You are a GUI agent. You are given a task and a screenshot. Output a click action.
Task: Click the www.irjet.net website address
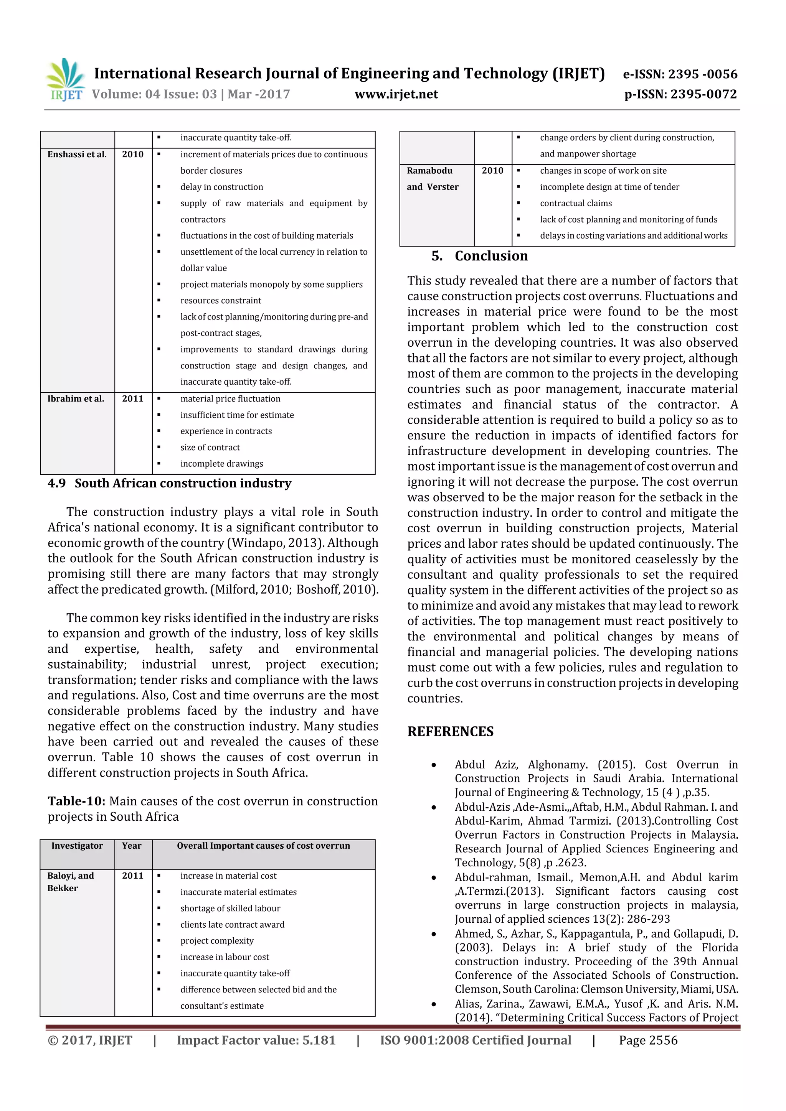click(396, 94)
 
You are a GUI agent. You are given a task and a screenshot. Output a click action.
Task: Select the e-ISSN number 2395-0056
click(680, 74)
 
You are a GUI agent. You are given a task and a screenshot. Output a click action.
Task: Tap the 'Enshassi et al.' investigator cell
click(77, 155)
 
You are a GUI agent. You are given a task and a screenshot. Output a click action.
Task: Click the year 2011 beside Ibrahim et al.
click(133, 399)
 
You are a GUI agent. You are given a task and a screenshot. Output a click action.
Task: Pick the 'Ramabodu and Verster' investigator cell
click(433, 179)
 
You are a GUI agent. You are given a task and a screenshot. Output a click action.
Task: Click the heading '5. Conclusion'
click(479, 256)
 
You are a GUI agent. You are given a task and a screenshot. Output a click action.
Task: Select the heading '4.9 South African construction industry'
click(170, 483)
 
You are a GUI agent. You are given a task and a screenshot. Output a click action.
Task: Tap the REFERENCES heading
click(451, 732)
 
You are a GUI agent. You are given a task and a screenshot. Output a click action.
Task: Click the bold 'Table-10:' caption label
click(76, 801)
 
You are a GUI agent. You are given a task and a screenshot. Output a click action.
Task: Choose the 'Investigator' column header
click(77, 846)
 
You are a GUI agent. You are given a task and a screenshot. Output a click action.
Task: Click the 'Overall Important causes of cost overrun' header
click(263, 846)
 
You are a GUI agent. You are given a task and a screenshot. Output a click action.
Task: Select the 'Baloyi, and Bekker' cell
click(71, 882)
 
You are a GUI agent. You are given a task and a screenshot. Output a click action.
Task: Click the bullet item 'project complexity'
click(217, 941)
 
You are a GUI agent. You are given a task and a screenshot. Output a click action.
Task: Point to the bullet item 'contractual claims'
click(576, 203)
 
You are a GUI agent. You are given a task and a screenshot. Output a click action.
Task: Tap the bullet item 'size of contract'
click(210, 448)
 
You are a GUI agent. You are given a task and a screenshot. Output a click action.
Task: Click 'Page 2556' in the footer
click(648, 1040)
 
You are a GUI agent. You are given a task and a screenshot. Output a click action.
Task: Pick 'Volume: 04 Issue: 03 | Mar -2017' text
click(191, 94)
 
